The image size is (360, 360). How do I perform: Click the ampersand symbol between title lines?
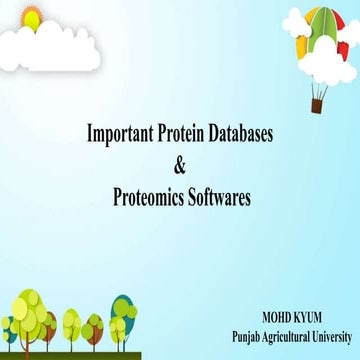tap(180, 164)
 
